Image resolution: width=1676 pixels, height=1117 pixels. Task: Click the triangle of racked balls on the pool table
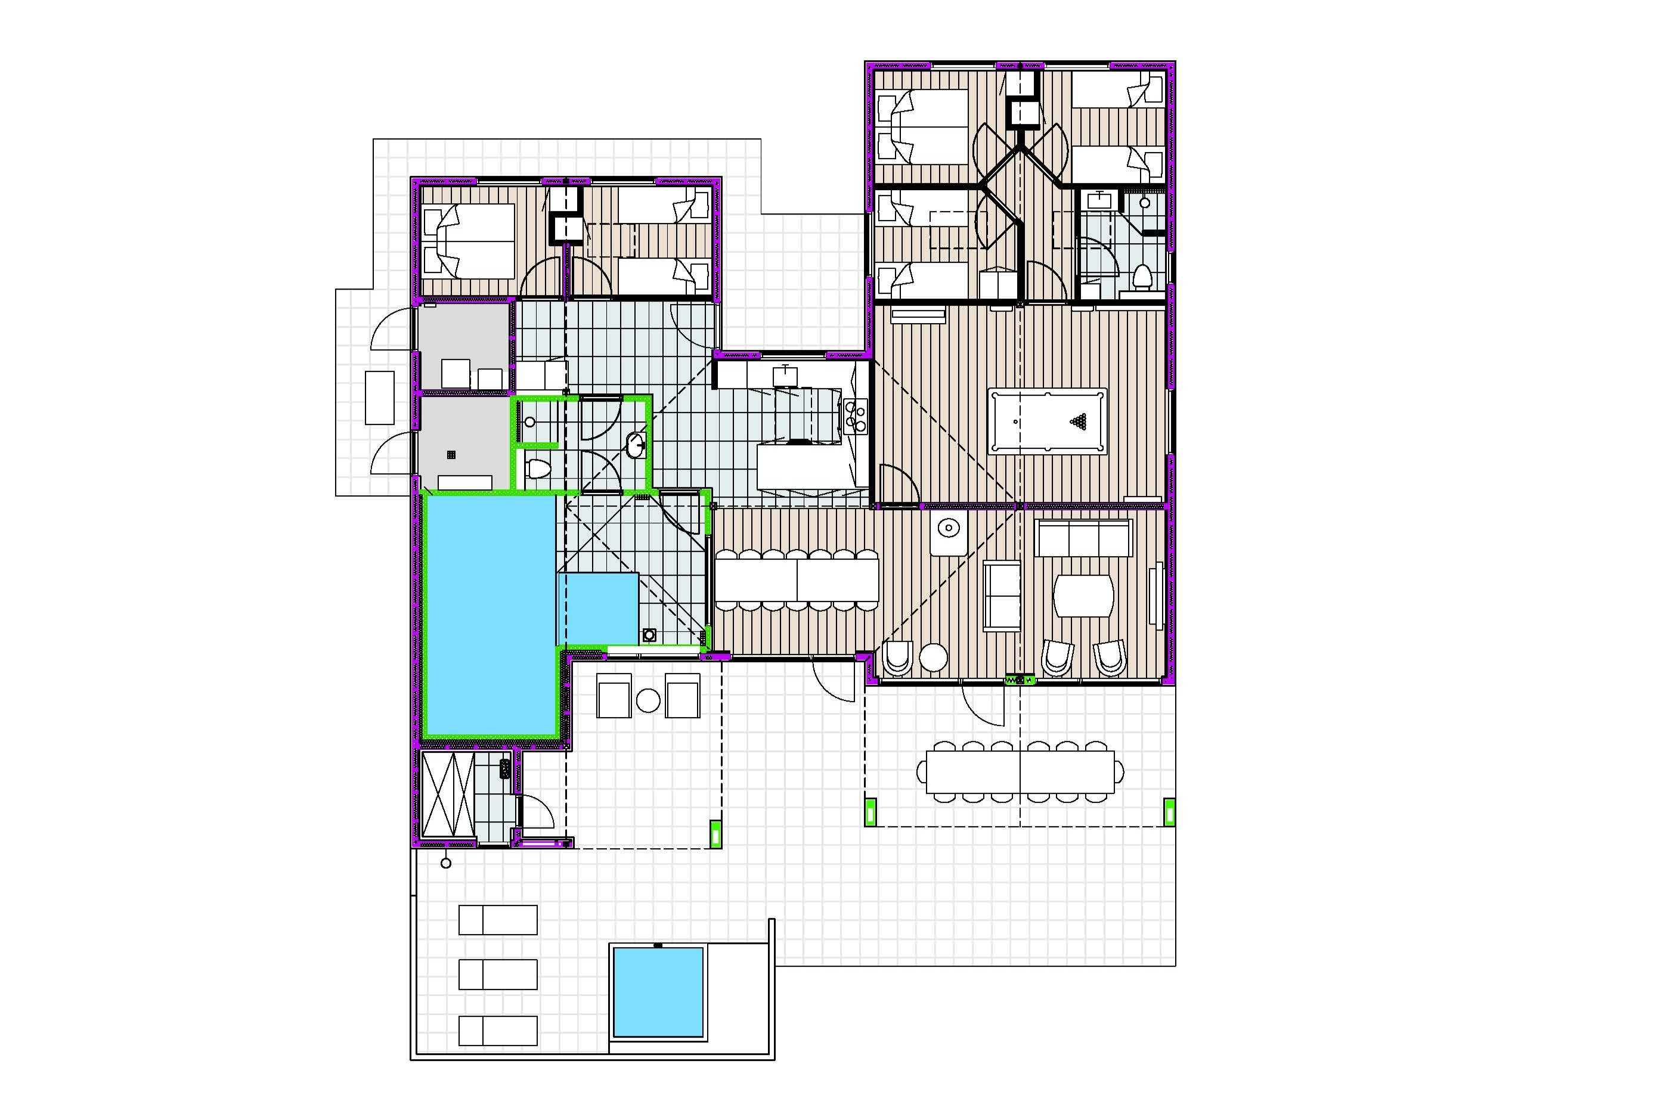coord(1079,422)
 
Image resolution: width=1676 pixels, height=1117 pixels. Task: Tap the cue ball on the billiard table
coord(1015,422)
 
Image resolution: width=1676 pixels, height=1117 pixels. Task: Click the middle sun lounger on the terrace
coord(497,974)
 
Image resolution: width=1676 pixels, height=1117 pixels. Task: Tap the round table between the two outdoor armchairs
coord(648,700)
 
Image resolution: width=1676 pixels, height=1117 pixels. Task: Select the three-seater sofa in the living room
coord(1084,538)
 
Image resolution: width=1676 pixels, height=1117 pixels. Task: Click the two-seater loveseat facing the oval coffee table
coord(1001,595)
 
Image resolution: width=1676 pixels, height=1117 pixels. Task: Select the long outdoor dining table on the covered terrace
coord(1020,771)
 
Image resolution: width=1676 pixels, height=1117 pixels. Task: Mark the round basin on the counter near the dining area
coord(948,529)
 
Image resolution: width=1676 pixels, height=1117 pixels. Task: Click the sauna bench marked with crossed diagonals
coord(448,795)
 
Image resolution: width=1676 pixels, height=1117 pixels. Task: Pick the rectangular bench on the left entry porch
coord(379,398)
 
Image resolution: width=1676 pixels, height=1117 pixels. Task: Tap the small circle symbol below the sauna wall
coord(446,864)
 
